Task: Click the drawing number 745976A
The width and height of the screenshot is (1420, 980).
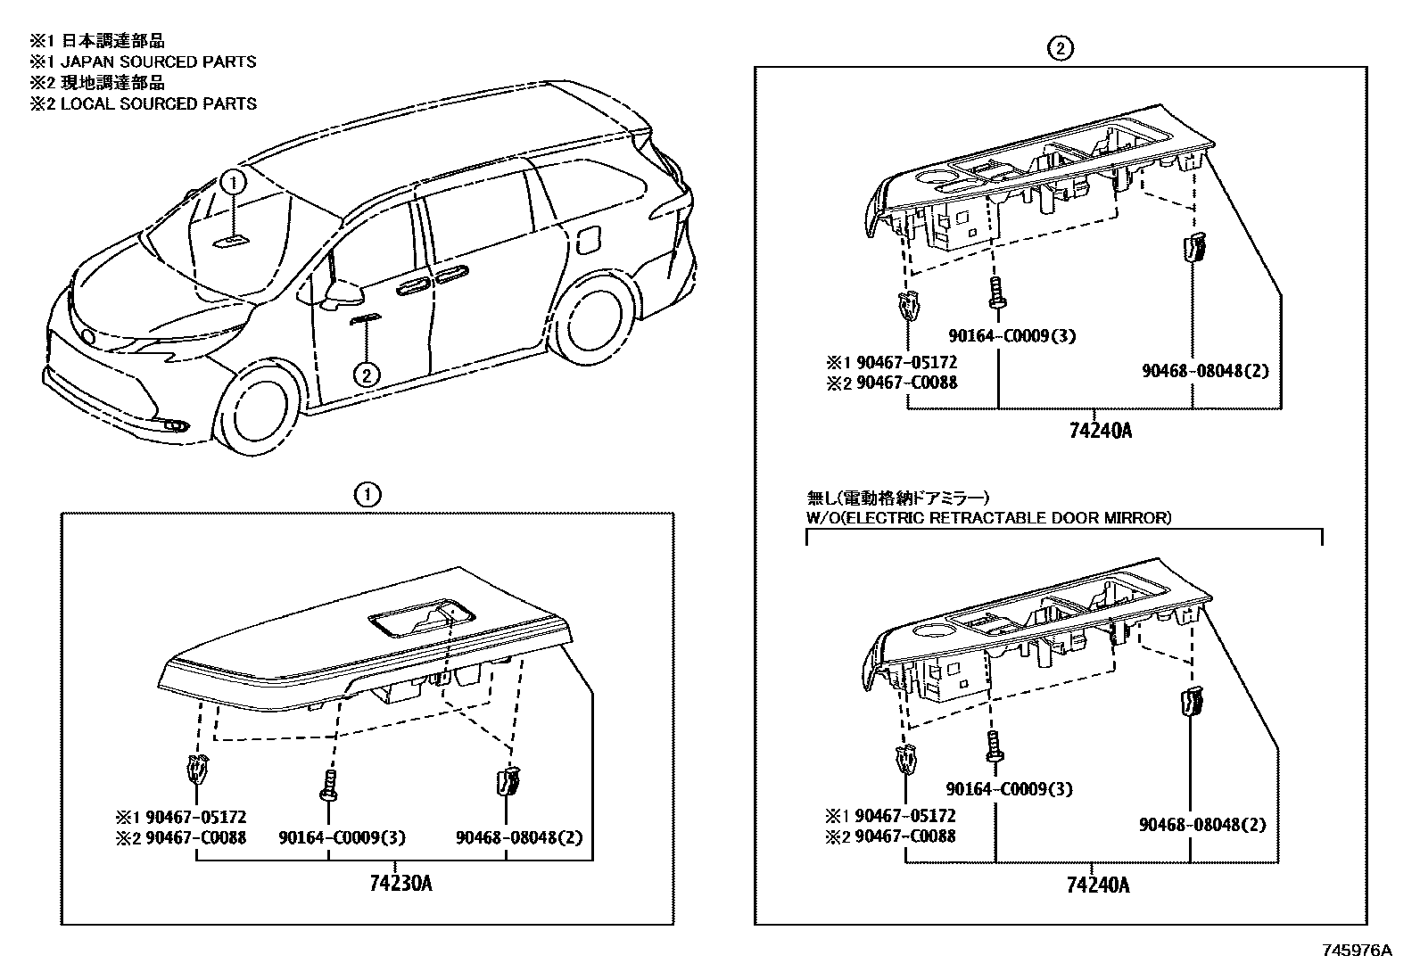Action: click(x=1357, y=951)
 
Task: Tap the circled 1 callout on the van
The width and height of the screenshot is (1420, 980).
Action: click(x=233, y=183)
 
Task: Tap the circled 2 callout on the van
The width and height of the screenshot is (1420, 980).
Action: click(x=367, y=375)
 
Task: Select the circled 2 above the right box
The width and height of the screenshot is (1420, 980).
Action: click(x=1060, y=49)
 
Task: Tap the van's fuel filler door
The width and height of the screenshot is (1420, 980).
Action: click(x=590, y=241)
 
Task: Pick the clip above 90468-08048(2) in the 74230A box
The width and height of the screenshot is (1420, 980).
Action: click(x=506, y=781)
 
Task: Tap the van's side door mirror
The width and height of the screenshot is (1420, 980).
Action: click(x=343, y=292)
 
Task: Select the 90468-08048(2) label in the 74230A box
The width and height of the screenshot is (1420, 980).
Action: click(x=519, y=837)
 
